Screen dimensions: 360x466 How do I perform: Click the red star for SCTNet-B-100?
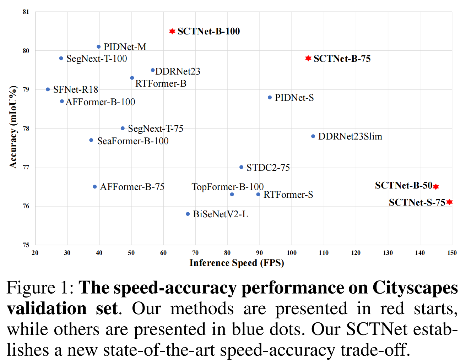(172, 31)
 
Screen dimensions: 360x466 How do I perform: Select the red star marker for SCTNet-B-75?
(308, 58)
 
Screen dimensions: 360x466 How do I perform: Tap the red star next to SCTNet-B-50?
(436, 186)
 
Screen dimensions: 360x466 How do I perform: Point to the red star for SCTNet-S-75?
(449, 202)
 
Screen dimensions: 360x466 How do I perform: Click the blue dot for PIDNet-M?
(99, 47)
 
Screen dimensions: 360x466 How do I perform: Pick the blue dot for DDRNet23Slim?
(313, 136)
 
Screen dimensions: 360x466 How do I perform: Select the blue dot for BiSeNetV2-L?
(188, 214)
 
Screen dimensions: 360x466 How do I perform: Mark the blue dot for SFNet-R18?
(48, 89)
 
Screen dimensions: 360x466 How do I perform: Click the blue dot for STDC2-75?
(241, 167)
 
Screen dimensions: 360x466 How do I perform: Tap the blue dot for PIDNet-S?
(270, 97)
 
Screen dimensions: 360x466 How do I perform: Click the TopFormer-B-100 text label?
(227, 187)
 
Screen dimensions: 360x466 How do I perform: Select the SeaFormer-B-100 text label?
(133, 141)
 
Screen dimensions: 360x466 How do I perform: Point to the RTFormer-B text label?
(161, 83)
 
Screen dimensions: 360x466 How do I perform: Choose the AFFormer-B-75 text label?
(132, 187)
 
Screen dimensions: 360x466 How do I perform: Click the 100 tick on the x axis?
(292, 253)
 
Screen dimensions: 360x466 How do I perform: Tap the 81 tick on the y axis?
(26, 12)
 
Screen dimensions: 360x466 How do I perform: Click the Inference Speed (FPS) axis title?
(237, 263)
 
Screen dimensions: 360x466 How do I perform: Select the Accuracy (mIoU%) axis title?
(13, 127)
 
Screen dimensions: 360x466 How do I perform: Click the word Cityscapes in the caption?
(415, 288)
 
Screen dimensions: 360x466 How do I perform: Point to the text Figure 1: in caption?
(40, 288)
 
